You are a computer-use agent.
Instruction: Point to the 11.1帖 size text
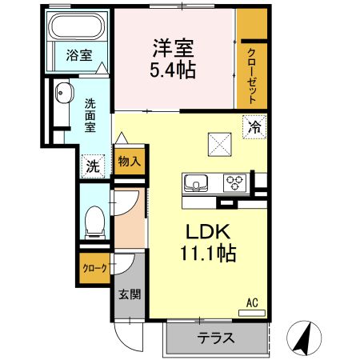click(x=208, y=254)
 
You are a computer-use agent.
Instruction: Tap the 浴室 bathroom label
click(x=78, y=56)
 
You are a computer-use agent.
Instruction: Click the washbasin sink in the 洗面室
click(x=63, y=95)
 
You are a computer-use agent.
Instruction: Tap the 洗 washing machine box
click(x=93, y=166)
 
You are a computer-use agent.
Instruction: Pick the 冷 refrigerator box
click(x=254, y=126)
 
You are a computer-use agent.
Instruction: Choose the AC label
click(x=252, y=302)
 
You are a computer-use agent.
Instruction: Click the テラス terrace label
click(x=216, y=338)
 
